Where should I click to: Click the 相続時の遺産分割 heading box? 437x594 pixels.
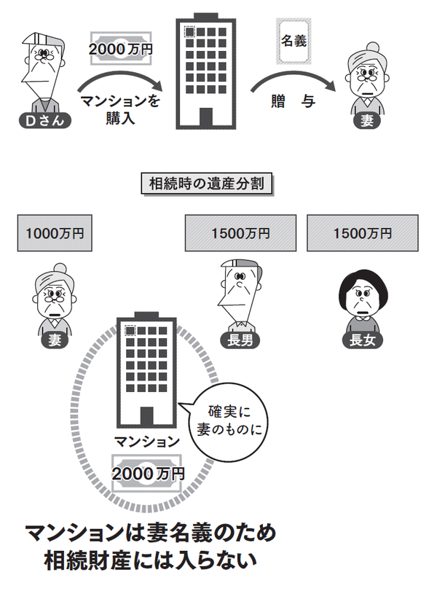206,183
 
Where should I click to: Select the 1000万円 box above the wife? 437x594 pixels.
55,233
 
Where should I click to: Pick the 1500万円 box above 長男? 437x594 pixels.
240,233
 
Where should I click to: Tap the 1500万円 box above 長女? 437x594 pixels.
362,233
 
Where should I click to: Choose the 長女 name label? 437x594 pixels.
362,340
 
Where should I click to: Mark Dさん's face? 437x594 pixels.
44,69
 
